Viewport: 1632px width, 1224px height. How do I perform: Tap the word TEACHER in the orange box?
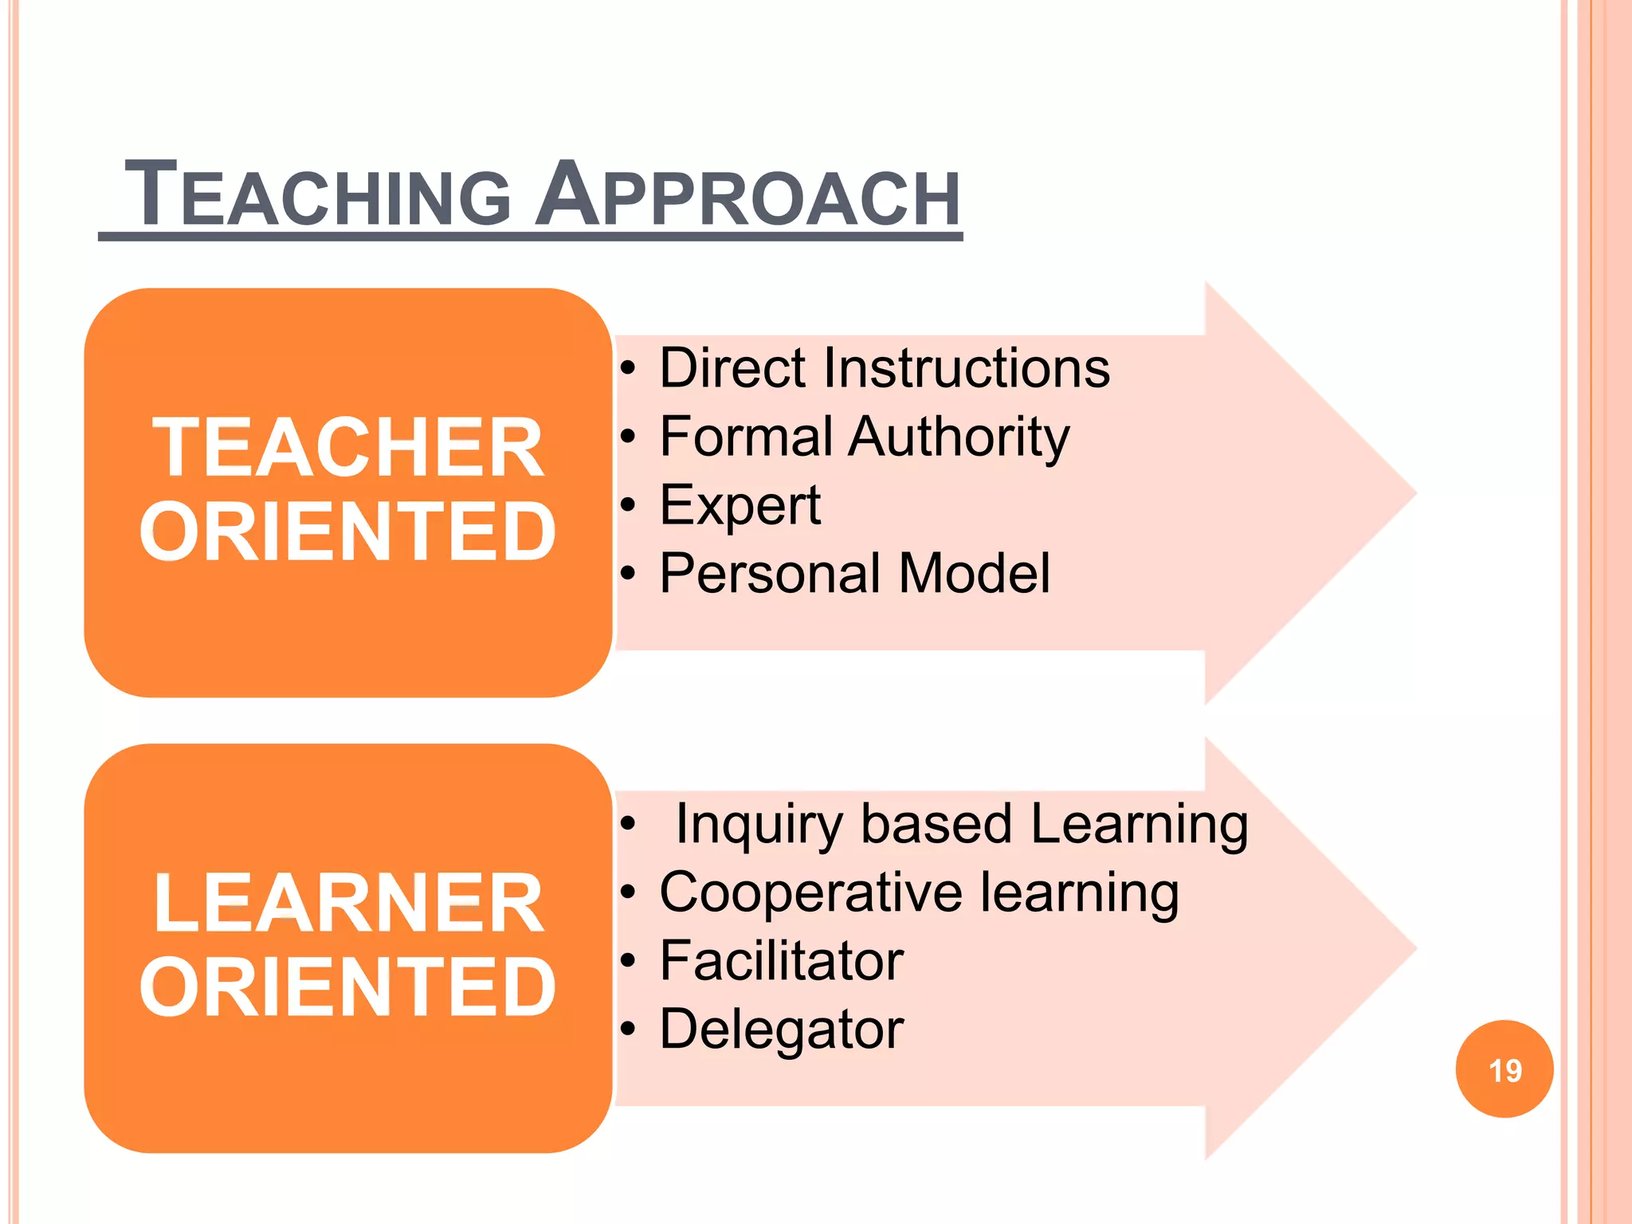coord(348,448)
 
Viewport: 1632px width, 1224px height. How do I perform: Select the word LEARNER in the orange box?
coord(348,904)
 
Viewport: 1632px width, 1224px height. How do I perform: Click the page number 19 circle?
coord(1504,1069)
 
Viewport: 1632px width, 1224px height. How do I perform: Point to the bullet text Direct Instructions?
coord(885,368)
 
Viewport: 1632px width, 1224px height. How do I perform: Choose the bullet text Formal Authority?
coord(865,437)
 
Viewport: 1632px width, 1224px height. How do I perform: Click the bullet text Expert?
coord(740,505)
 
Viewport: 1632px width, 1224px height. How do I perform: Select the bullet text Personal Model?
coord(854,574)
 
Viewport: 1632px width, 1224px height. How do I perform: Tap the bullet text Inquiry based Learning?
coord(961,824)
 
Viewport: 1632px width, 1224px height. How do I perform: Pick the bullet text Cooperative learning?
coord(919,892)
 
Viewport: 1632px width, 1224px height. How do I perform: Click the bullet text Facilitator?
coord(782,961)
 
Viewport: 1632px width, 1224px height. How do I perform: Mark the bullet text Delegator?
coord(782,1030)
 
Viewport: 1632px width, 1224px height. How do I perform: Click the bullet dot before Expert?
coord(629,505)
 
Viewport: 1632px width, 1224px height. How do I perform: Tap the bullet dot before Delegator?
coord(629,1030)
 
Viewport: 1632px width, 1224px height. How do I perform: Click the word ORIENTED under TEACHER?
coord(348,532)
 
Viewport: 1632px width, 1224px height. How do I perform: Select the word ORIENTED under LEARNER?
coord(348,987)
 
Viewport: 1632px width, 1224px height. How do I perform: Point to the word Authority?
coord(959,437)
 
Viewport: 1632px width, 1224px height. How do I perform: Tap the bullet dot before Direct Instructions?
coord(629,368)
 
